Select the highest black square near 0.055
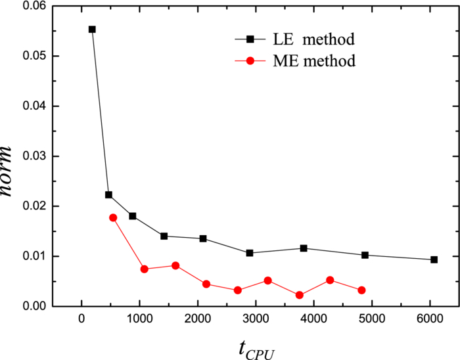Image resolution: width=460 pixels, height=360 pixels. (x=92, y=30)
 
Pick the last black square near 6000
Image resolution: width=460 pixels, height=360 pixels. (x=434, y=259)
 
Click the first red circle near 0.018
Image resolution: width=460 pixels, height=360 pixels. (x=113, y=217)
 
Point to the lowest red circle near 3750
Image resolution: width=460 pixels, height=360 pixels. (x=300, y=295)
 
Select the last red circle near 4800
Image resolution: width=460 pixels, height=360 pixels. (x=361, y=290)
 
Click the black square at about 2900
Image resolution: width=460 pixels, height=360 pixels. (x=250, y=253)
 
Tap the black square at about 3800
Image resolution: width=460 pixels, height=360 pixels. (x=304, y=248)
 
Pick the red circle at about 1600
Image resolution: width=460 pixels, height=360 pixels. (x=175, y=265)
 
